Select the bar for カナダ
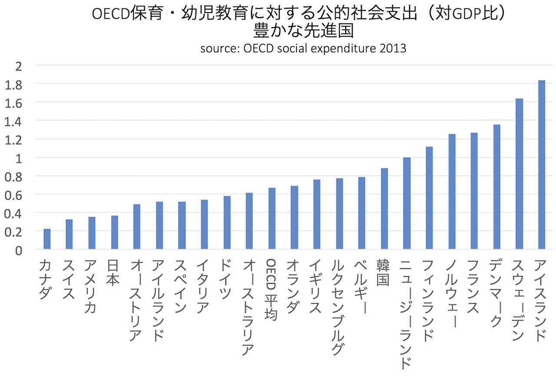[47, 239]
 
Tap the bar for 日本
[114, 232]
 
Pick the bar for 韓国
[384, 208]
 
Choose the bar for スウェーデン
[519, 174]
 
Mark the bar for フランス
[474, 191]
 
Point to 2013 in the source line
[393, 48]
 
